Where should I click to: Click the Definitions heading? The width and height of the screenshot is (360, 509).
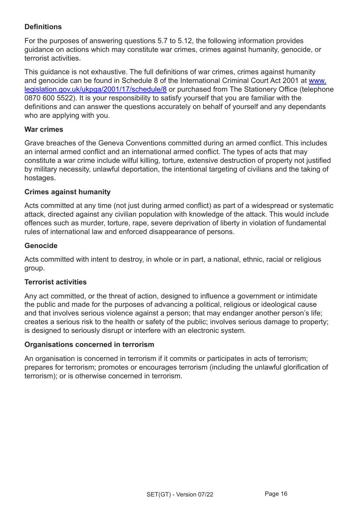click(x=43, y=27)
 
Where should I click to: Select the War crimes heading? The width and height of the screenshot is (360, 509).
click(x=44, y=130)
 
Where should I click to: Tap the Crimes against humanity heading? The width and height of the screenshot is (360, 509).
click(x=67, y=192)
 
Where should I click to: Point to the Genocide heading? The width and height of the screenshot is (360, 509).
click(x=41, y=246)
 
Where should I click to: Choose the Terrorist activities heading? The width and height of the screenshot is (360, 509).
click(x=55, y=282)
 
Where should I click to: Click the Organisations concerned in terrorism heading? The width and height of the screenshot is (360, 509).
click(x=89, y=345)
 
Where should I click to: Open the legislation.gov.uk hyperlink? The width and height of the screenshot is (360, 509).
click(x=95, y=89)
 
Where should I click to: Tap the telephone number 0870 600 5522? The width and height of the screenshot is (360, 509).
click(x=49, y=98)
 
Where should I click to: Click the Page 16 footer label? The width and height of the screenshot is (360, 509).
click(x=276, y=494)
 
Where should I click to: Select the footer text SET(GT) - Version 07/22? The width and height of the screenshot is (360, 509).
click(x=180, y=495)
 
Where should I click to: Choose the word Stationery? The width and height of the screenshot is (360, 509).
click(x=260, y=89)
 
